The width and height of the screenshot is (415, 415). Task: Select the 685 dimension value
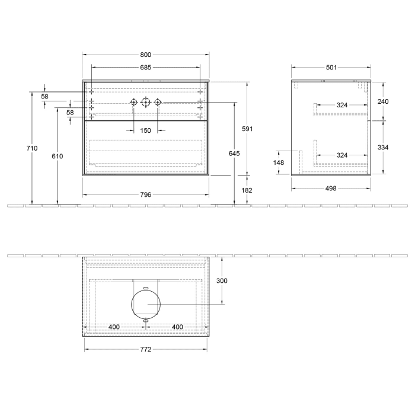click(145, 67)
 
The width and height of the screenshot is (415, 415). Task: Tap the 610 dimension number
click(57, 156)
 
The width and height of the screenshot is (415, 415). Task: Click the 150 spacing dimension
click(145, 130)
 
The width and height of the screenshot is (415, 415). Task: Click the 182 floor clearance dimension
click(247, 190)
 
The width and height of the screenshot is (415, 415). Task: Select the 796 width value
click(145, 194)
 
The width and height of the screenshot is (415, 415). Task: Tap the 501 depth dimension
click(331, 67)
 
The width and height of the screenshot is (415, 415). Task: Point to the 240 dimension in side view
click(383, 101)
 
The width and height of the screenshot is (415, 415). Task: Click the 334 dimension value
click(383, 147)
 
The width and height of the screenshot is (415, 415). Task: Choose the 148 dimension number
click(279, 162)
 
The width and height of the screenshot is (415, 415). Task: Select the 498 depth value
click(331, 189)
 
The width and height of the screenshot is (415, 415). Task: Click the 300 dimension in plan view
click(222, 280)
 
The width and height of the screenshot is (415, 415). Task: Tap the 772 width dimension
click(145, 349)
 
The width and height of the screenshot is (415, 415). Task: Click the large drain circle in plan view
click(146, 304)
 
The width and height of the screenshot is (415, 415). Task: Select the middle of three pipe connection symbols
click(146, 103)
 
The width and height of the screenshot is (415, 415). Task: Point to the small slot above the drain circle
click(146, 287)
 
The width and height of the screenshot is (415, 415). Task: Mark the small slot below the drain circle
click(146, 321)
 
